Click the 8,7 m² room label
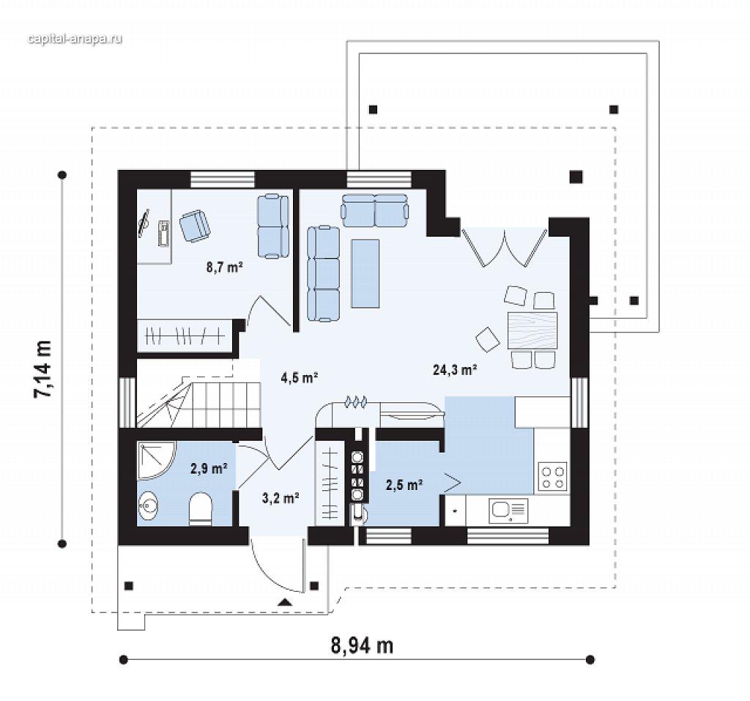(224, 267)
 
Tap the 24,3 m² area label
(454, 369)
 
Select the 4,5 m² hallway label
(300, 377)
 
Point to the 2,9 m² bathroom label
(209, 468)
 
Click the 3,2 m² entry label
(281, 498)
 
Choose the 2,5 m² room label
(404, 485)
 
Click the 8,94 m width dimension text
(362, 645)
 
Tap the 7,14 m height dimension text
(42, 368)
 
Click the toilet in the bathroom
(201, 509)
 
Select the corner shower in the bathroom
(155, 460)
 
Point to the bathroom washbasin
(149, 505)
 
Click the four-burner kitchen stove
(553, 477)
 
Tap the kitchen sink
(508, 510)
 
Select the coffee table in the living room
(365, 274)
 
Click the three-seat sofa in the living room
(323, 274)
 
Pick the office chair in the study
(195, 226)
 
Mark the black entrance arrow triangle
(285, 602)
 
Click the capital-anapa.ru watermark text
(75, 39)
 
